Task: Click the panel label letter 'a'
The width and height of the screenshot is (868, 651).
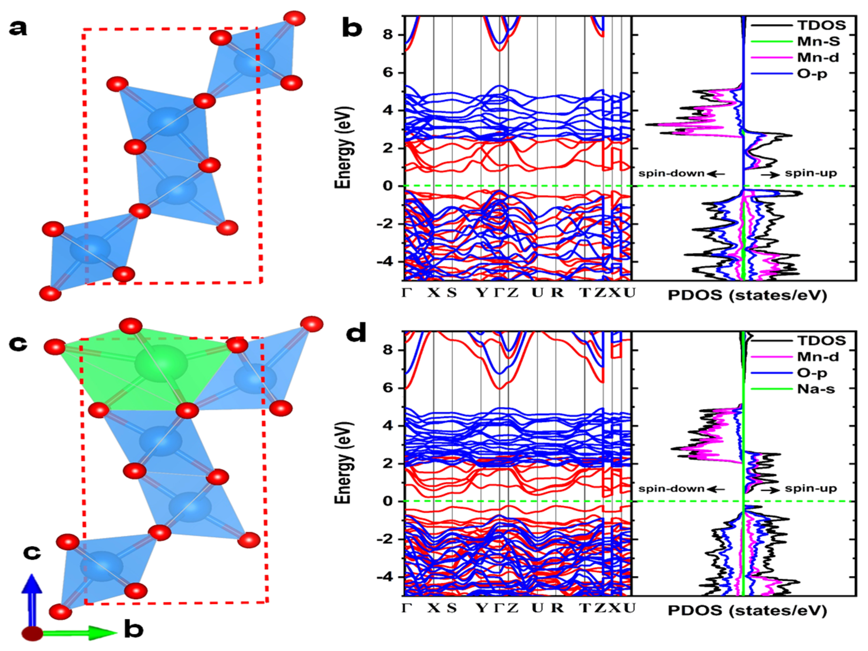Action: [18, 28]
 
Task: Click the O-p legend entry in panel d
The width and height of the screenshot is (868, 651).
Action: [812, 372]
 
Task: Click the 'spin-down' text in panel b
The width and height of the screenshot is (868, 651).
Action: [671, 173]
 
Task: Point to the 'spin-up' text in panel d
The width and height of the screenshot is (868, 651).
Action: [811, 489]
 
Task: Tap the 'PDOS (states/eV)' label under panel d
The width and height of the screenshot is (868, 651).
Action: [747, 610]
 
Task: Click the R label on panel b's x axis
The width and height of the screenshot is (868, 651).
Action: [556, 293]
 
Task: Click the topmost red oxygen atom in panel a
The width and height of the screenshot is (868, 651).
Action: [294, 19]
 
